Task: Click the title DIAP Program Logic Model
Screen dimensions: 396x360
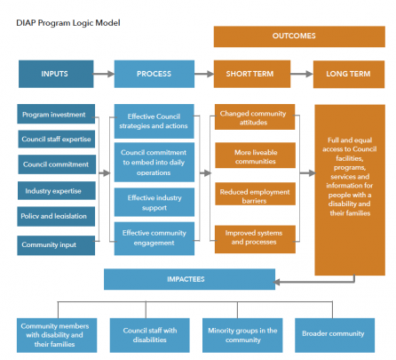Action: click(68, 23)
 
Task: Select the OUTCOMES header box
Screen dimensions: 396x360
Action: click(299, 36)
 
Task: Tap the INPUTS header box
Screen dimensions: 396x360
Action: click(56, 74)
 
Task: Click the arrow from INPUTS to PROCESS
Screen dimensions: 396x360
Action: click(104, 74)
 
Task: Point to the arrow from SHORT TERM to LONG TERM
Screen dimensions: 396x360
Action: click(302, 74)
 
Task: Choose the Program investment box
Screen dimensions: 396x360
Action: click(56, 114)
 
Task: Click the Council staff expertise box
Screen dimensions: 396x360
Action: click(57, 139)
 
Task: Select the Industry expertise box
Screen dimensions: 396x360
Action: click(57, 190)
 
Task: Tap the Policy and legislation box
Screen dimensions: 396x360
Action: click(56, 216)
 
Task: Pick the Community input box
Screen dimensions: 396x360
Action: click(56, 245)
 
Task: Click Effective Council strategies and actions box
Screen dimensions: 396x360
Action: click(154, 121)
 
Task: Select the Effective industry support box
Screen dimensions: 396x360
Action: click(154, 202)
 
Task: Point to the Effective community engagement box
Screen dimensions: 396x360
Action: click(154, 238)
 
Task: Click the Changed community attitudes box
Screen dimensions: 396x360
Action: click(255, 116)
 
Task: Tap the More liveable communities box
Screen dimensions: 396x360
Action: click(255, 156)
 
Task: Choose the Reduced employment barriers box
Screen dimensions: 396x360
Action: click(255, 194)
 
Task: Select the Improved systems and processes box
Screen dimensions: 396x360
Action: click(255, 239)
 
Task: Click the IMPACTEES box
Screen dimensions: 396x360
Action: click(189, 279)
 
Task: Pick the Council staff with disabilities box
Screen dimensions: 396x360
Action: click(150, 335)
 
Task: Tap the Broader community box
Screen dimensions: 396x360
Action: click(335, 335)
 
